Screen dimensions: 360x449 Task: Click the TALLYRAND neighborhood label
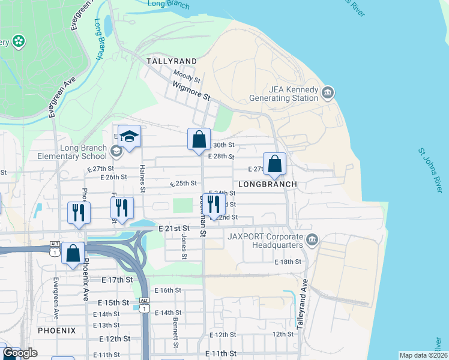click(172, 62)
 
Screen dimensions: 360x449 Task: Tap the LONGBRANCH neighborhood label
click(268, 184)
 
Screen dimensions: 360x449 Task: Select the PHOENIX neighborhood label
click(57, 331)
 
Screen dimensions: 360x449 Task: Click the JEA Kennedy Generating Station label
click(293, 94)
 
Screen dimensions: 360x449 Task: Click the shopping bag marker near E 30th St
click(199, 140)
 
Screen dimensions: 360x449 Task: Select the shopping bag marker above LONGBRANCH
click(274, 164)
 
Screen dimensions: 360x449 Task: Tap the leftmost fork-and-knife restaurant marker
click(79, 213)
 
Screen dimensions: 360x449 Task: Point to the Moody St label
click(187, 76)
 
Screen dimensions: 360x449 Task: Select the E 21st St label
click(174, 229)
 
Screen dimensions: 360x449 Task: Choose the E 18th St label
click(288, 262)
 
